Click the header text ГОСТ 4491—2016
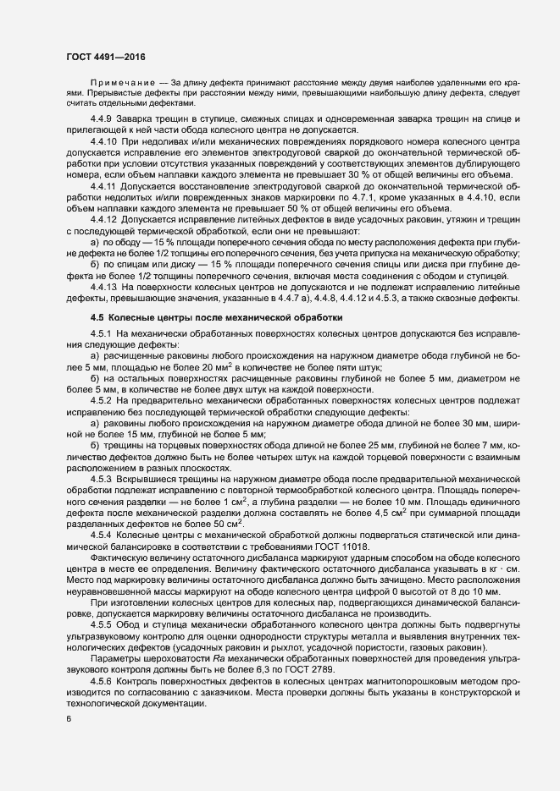pos(105,57)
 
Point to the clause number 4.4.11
pos(106,184)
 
